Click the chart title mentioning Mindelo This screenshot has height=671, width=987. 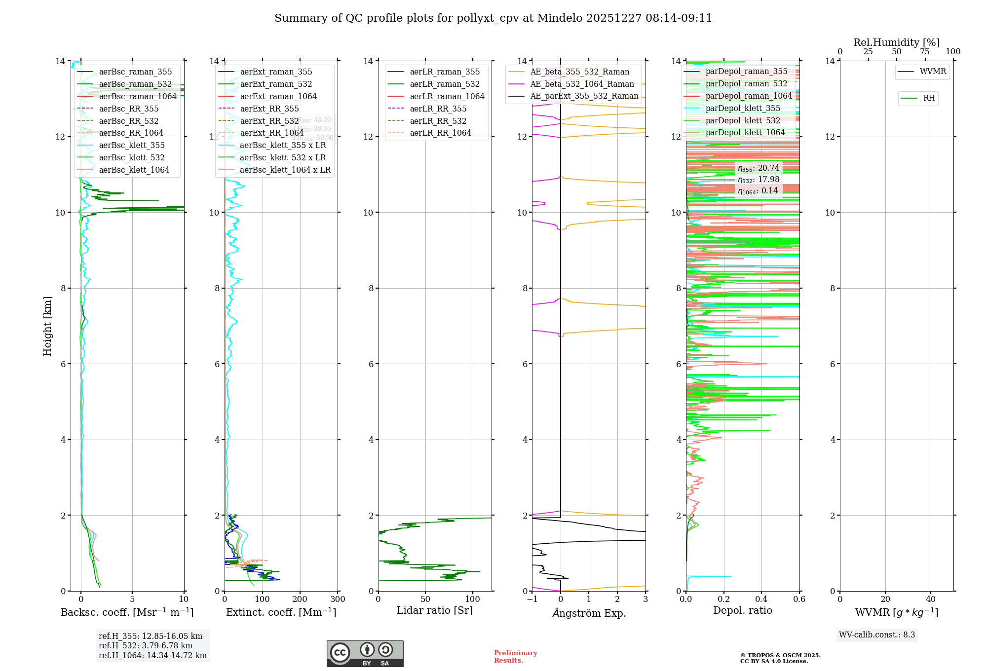tap(493, 18)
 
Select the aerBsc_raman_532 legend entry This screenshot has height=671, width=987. tap(135, 84)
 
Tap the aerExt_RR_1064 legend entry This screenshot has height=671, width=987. tap(271, 133)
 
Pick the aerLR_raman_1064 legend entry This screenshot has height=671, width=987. tap(447, 96)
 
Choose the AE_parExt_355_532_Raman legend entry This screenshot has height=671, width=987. tap(584, 96)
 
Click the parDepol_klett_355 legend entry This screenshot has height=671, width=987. tap(743, 108)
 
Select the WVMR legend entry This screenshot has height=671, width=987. tap(933, 72)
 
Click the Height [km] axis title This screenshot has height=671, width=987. tap(47, 326)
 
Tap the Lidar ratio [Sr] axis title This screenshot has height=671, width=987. tap(435, 610)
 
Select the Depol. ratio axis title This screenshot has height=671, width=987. tap(742, 610)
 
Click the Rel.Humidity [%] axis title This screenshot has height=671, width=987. tap(896, 42)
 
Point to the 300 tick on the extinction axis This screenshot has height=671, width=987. tap(338, 599)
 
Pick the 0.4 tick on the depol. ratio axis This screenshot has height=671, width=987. tap(761, 599)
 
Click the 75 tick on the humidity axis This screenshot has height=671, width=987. tap(924, 52)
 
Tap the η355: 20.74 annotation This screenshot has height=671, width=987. tap(758, 168)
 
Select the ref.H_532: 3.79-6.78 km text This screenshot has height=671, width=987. tap(145, 645)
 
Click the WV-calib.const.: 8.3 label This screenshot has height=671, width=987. tap(876, 635)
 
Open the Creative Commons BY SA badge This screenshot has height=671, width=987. tap(365, 653)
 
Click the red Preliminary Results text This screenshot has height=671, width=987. tap(515, 656)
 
